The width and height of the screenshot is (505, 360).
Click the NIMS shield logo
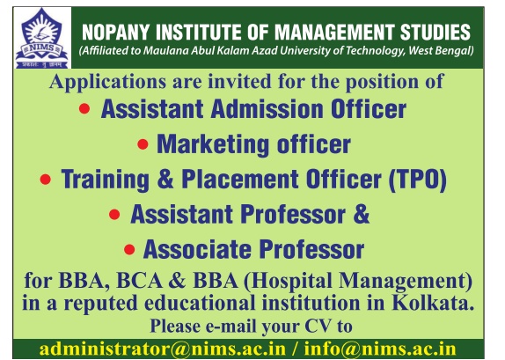[x=42, y=38]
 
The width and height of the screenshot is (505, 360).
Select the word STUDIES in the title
[x=435, y=32]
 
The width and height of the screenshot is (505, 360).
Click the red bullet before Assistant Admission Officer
[x=84, y=108]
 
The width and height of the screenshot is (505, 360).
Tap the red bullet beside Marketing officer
[x=143, y=144]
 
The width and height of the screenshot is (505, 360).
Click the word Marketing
[x=213, y=144]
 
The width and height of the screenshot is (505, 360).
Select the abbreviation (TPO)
[x=417, y=180]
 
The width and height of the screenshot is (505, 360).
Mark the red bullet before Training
[x=46, y=180]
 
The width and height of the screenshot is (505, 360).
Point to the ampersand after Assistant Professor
[x=362, y=214]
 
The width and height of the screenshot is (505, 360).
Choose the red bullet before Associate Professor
[x=129, y=249]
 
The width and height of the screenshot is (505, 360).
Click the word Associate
[x=197, y=249]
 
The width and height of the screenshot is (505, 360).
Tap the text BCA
[x=140, y=281]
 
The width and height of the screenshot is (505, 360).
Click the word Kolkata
[x=433, y=303]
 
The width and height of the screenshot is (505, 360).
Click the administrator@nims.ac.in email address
[x=162, y=349]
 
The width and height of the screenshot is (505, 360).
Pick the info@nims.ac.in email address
[x=380, y=349]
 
